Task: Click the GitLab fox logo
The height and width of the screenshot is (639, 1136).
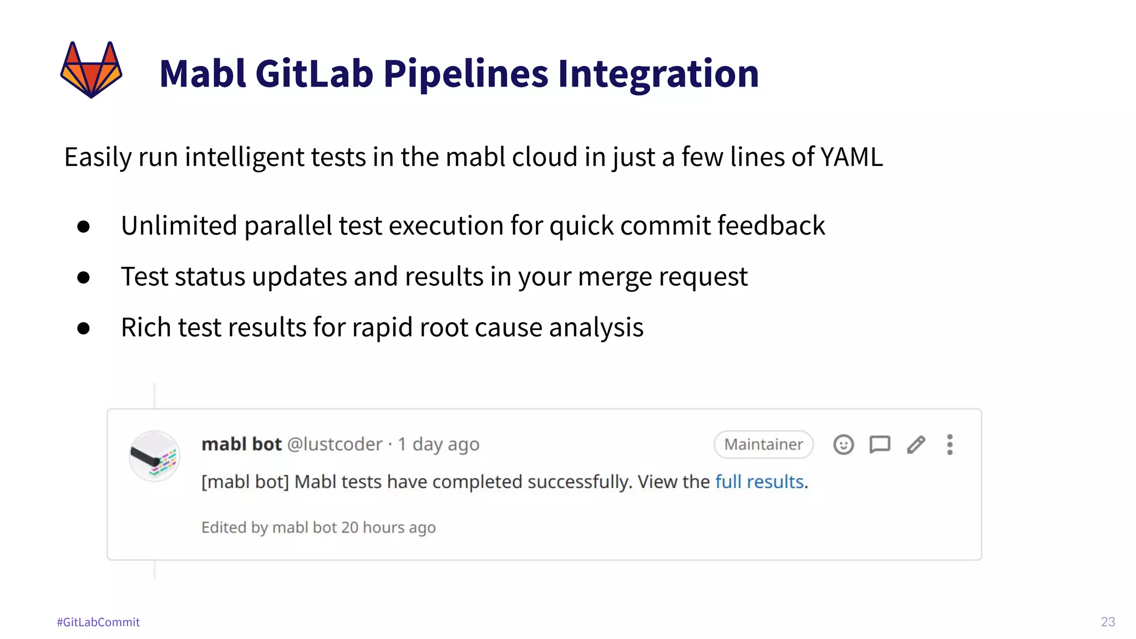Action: (91, 70)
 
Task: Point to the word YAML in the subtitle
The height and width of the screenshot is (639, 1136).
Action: (851, 157)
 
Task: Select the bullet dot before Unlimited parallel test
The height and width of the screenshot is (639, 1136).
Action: (84, 226)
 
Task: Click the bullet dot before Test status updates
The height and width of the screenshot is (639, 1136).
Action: (84, 277)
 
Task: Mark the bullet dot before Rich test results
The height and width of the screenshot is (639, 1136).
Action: (84, 328)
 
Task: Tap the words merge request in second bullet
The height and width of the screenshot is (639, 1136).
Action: (662, 277)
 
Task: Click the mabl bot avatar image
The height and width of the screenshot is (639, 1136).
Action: (154, 456)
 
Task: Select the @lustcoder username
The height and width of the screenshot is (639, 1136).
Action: (334, 444)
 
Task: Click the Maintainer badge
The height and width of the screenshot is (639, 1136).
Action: (763, 444)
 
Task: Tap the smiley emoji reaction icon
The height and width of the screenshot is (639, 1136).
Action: (843, 444)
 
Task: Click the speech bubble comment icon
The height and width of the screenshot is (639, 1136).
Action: (880, 444)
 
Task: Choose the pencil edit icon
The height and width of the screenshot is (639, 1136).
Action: (916, 444)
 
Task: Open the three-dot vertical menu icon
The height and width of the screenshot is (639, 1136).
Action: (950, 444)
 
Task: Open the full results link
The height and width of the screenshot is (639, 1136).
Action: (759, 481)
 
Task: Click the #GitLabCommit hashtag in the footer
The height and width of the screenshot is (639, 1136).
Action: (98, 622)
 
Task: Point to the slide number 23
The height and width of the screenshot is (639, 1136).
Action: (1108, 622)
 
